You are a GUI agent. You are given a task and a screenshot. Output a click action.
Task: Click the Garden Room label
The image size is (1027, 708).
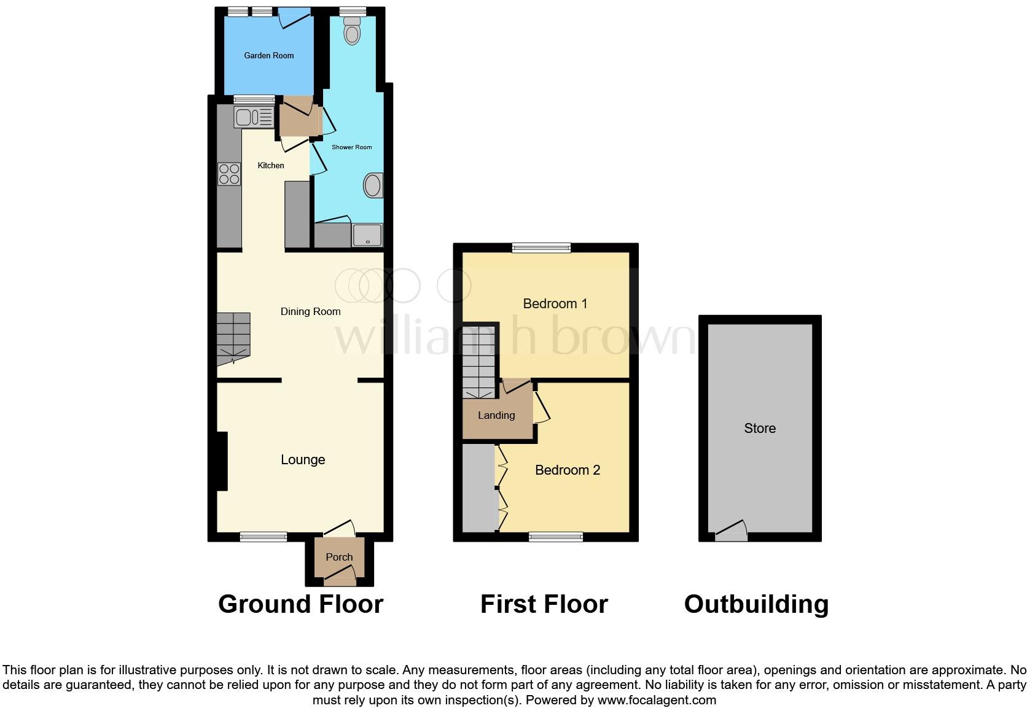tap(269, 55)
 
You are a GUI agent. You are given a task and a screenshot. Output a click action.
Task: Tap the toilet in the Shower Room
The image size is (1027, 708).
tap(352, 31)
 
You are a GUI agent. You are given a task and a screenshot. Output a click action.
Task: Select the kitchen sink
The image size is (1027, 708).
tap(253, 117)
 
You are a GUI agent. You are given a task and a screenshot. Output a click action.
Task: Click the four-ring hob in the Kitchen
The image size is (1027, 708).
tap(229, 174)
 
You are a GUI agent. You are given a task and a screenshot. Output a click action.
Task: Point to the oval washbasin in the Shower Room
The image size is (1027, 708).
tap(373, 185)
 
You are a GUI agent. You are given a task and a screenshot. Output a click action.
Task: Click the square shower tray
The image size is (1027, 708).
tap(367, 235)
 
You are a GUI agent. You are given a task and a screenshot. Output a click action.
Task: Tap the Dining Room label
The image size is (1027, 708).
tap(310, 311)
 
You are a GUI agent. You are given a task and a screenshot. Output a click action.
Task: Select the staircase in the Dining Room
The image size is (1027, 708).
tap(233, 338)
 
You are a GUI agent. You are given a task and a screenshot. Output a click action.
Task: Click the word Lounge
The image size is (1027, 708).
tap(303, 459)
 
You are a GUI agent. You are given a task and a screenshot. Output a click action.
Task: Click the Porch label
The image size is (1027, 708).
tap(339, 557)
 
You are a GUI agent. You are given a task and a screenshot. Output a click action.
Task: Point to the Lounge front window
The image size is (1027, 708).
tap(263, 537)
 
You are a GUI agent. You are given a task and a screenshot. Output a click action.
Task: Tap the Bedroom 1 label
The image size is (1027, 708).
tap(555, 303)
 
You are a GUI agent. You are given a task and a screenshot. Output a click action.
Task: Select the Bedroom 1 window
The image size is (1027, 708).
tap(542, 248)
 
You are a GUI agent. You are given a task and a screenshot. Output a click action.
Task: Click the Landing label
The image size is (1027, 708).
tap(496, 415)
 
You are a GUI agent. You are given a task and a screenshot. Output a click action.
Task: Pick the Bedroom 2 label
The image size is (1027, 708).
tap(567, 470)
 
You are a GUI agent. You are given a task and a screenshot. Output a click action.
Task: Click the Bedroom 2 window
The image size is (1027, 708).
tap(556, 537)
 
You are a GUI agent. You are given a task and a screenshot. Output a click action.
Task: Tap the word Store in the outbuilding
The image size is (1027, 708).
tap(760, 428)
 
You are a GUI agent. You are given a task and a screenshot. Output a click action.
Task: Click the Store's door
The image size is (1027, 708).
tap(731, 532)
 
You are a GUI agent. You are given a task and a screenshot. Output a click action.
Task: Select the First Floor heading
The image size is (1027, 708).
tap(544, 604)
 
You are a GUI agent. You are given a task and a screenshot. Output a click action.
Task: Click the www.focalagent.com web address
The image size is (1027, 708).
tap(657, 699)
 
